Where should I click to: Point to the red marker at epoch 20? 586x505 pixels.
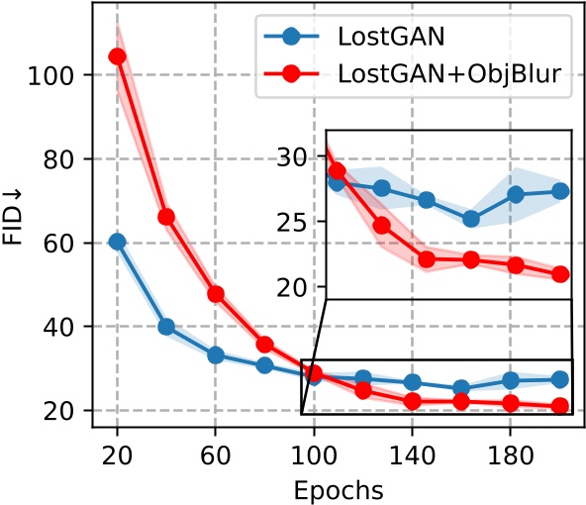(x=117, y=56)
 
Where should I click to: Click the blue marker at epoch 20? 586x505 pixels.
(x=117, y=242)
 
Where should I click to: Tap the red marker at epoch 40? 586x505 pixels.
(x=166, y=217)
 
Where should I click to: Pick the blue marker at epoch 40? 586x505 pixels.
(x=166, y=326)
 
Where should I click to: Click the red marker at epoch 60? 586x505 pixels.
(x=215, y=294)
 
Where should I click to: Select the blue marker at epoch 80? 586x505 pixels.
(x=264, y=365)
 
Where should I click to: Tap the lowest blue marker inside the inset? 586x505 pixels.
(x=471, y=219)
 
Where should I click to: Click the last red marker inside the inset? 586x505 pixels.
(x=560, y=274)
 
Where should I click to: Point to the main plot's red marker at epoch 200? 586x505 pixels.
(x=559, y=406)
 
